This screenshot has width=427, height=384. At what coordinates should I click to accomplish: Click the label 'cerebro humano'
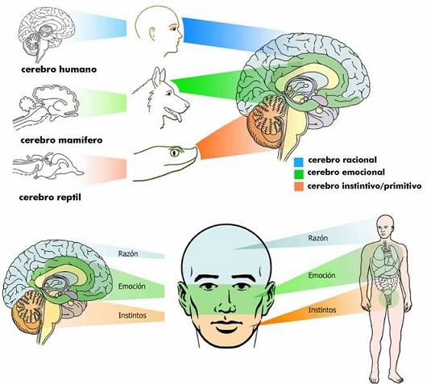pos(59,69)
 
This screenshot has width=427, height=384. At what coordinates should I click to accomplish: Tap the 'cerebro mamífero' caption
pos(61,140)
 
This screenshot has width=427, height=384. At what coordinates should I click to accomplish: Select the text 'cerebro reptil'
pos(50,197)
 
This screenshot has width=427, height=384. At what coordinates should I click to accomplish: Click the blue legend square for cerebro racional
pos(299,161)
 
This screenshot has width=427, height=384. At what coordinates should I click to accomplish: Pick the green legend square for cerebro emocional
pos(299,174)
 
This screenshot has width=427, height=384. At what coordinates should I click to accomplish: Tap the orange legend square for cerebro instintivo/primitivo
pos(299,186)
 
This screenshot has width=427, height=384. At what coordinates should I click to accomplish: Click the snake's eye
pos(175,152)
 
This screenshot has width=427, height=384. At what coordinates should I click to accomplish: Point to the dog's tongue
pos(178,117)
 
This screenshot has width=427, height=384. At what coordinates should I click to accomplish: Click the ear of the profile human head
pos(152,35)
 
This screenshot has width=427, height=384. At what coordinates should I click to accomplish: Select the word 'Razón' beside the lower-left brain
pos(128,253)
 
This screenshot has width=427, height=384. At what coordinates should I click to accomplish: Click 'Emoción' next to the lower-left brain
pos(132,286)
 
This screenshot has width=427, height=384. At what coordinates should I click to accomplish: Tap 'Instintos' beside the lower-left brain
pos(132,315)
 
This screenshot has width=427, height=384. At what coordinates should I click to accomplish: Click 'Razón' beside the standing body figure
pos(317,238)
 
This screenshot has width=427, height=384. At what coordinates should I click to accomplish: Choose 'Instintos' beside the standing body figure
pos(322,310)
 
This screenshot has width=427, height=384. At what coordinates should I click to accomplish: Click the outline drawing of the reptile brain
pos(48,165)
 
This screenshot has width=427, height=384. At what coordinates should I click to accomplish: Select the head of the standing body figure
pos(385,227)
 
